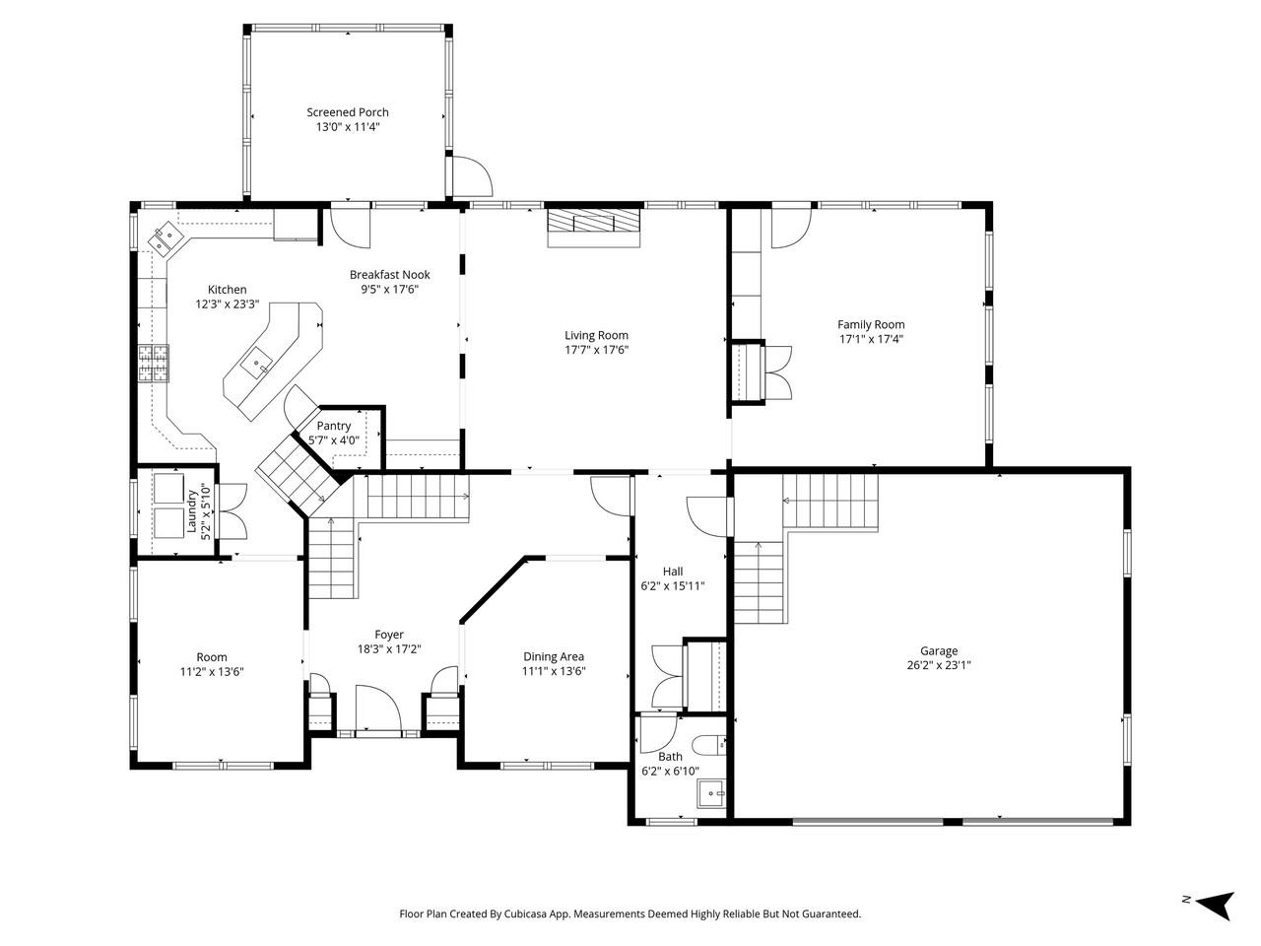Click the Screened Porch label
347,112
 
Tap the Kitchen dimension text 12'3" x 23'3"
227,305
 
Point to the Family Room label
871,324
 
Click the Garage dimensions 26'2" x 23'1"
939,665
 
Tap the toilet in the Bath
709,743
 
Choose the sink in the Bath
710,792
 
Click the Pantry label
334,426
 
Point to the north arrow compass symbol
1214,902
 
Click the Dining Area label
553,657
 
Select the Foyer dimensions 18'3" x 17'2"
389,649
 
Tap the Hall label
673,572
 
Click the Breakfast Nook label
389,275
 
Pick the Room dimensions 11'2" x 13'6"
212,672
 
